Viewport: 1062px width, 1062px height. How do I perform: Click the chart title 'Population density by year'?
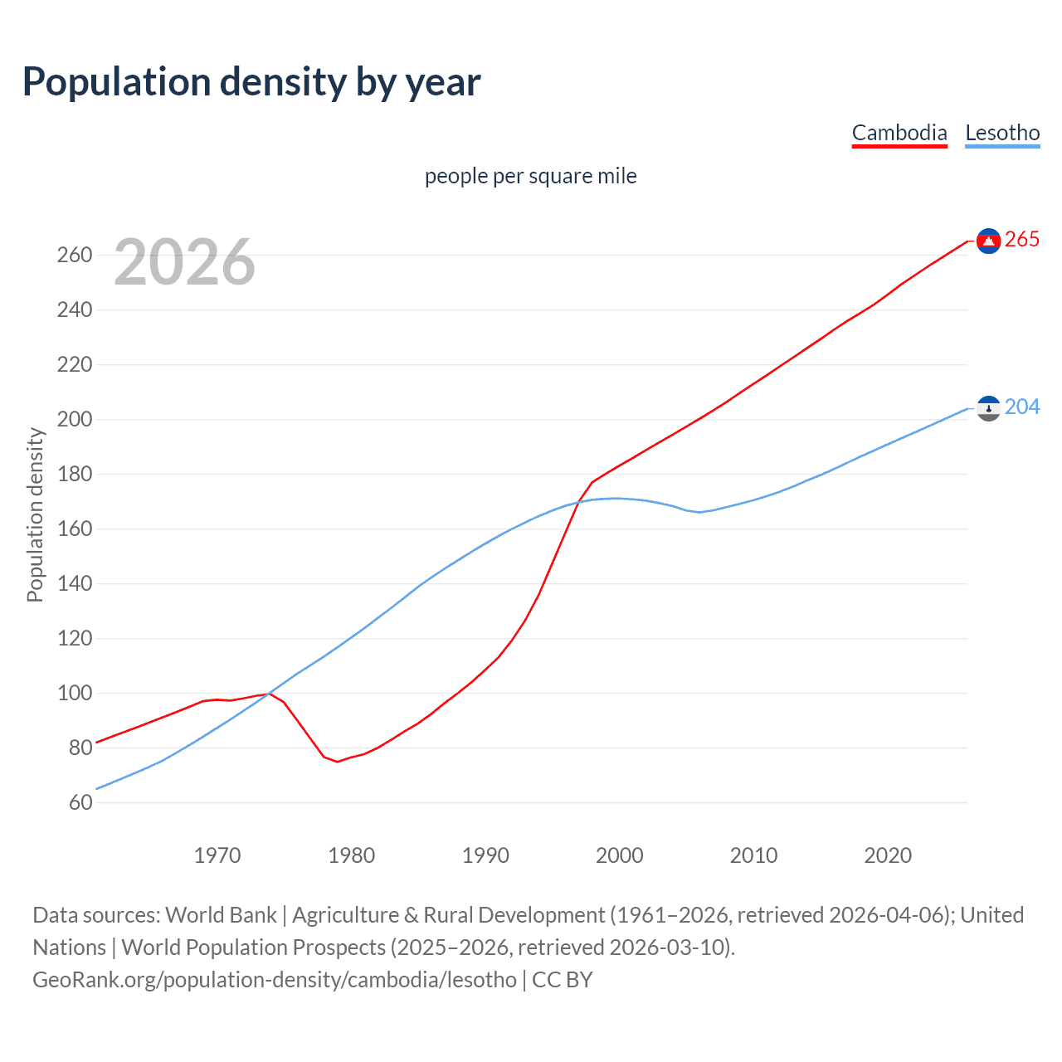click(251, 81)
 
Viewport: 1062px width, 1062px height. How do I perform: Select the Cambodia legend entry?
click(899, 133)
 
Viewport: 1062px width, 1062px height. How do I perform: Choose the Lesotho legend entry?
click(1002, 133)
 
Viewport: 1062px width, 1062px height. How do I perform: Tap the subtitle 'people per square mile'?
click(530, 176)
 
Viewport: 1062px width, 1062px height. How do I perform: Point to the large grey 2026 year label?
click(184, 262)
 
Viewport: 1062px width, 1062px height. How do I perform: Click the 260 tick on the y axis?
click(75, 255)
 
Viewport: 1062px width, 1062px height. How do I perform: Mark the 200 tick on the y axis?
click(75, 419)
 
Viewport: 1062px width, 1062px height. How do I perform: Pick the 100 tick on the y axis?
click(75, 693)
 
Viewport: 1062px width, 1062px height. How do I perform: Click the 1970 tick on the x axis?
click(217, 855)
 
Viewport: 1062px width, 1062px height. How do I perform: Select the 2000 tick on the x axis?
click(620, 855)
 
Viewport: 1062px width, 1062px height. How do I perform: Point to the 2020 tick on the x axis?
click(888, 855)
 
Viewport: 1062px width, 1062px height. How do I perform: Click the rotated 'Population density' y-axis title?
click(35, 514)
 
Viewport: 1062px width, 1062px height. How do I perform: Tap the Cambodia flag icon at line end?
click(988, 241)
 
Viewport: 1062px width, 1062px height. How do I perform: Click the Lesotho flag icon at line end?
click(988, 407)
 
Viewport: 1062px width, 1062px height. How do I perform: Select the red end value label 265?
click(1022, 240)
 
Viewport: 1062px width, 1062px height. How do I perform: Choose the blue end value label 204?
click(1022, 407)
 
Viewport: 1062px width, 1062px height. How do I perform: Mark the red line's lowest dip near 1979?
click(337, 762)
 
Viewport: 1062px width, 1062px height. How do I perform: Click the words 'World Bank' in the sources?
click(221, 915)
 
